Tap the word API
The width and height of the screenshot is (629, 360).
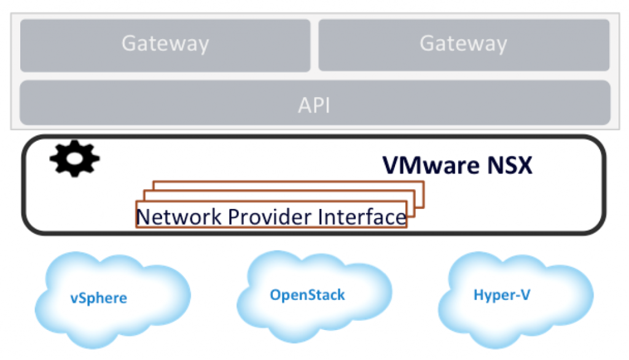tap(314, 105)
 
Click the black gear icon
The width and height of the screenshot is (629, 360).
tap(74, 160)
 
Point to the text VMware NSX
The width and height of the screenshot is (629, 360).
tap(457, 165)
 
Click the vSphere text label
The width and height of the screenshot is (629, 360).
tap(98, 299)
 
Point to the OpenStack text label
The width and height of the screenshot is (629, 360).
tap(307, 295)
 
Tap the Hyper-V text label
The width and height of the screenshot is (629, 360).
tap(501, 295)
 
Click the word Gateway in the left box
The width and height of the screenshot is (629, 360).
tap(165, 44)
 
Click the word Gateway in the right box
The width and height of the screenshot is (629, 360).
tap(463, 44)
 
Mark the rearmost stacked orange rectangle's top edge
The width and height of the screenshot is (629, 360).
tap(289, 182)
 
